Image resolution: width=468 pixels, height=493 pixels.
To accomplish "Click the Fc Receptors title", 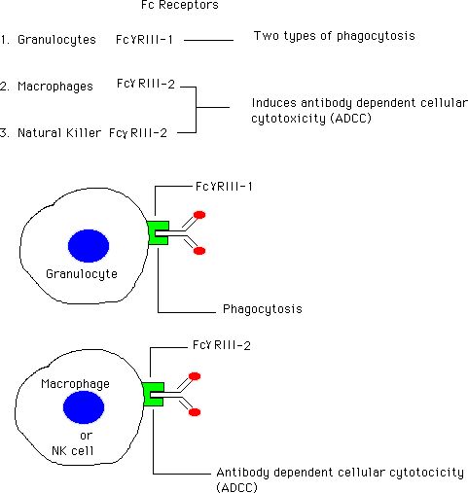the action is [x=180, y=5].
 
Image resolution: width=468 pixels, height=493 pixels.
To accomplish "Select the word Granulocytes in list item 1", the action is [x=56, y=40].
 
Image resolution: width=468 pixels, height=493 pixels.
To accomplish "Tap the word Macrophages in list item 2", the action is [x=55, y=87].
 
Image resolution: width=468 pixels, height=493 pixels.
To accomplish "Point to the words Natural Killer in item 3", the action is [x=59, y=133].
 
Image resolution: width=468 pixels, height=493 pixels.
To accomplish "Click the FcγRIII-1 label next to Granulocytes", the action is [x=144, y=40].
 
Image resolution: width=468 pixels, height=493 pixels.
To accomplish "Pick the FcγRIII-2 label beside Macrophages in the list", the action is [x=146, y=84].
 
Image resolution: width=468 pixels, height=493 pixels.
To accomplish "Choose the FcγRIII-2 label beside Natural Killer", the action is [x=138, y=133].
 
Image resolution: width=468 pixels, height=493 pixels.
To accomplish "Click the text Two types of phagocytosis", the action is [x=335, y=36].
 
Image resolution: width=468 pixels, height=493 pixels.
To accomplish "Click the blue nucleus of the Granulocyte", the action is [x=89, y=246].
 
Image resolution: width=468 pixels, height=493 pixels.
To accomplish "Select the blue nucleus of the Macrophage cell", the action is [x=84, y=407].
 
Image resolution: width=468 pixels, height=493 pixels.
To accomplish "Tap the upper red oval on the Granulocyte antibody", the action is [x=199, y=215].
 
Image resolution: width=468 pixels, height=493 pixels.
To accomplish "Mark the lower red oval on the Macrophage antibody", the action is [x=195, y=412].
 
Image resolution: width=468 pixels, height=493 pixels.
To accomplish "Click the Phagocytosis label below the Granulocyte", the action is [x=263, y=309].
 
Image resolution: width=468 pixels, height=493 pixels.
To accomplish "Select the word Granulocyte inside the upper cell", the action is [x=82, y=274].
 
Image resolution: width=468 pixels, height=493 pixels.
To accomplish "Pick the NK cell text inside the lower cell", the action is [x=73, y=450].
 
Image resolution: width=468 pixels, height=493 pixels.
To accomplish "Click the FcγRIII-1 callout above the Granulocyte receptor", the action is [x=224, y=187].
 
